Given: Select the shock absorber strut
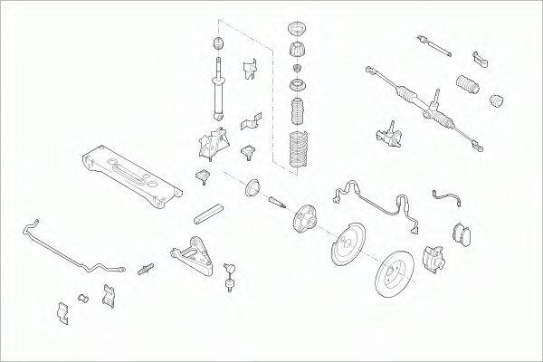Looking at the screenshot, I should pos(217,90).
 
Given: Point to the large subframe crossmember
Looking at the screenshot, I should pos(130,171).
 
